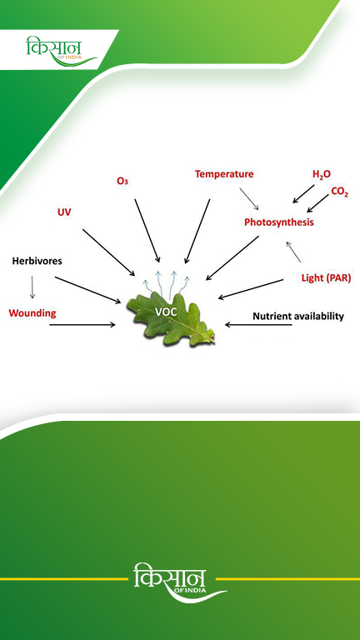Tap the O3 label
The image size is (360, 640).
(122, 181)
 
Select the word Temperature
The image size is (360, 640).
(224, 174)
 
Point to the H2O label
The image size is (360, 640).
(322, 175)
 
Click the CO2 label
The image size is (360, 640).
(340, 192)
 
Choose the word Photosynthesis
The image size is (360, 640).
(279, 222)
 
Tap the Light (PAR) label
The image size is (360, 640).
(326, 278)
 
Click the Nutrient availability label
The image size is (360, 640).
(298, 316)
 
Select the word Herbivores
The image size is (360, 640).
(37, 261)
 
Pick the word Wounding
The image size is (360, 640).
(32, 313)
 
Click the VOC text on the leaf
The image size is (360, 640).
(166, 312)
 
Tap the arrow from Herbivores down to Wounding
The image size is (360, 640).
(32, 287)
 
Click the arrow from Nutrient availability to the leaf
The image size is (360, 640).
(258, 325)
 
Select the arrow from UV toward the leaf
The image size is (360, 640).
(108, 252)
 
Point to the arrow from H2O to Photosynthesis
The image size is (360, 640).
(303, 194)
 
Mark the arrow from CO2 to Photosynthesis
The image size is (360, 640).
(317, 203)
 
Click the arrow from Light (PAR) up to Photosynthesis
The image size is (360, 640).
(293, 252)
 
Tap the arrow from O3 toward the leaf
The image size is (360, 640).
(147, 231)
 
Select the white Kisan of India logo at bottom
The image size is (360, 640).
(180, 582)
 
